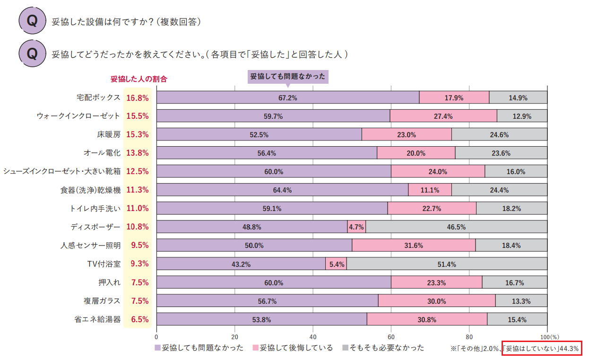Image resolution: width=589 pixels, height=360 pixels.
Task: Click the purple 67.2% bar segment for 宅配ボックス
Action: tap(287, 98)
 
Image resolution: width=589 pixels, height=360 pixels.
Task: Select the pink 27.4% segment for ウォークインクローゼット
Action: tap(443, 116)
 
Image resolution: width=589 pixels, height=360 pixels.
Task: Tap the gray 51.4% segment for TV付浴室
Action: tap(447, 264)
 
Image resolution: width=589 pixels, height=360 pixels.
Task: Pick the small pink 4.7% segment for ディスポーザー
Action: tap(356, 227)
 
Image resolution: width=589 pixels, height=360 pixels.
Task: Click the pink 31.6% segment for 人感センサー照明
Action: tap(414, 246)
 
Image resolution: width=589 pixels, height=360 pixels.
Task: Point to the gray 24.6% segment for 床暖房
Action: tap(499, 135)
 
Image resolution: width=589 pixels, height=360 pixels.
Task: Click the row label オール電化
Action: tap(102, 153)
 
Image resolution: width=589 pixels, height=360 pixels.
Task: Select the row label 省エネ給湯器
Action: tap(97, 319)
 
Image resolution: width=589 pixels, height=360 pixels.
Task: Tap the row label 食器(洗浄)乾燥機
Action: tap(91, 190)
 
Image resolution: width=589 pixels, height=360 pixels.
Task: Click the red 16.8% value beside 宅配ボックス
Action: tap(137, 98)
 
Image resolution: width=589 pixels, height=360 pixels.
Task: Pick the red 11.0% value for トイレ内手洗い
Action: tap(137, 208)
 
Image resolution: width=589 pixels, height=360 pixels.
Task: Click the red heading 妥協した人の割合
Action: tap(139, 79)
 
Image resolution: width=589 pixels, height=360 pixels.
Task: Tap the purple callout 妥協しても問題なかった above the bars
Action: tap(287, 77)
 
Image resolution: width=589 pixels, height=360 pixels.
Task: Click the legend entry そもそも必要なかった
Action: tap(387, 348)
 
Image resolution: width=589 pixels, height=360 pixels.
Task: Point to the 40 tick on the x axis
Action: tap(312, 337)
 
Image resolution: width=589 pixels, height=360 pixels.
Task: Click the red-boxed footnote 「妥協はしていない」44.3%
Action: tap(541, 349)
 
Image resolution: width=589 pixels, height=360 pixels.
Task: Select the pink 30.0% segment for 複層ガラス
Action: tap(436, 301)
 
